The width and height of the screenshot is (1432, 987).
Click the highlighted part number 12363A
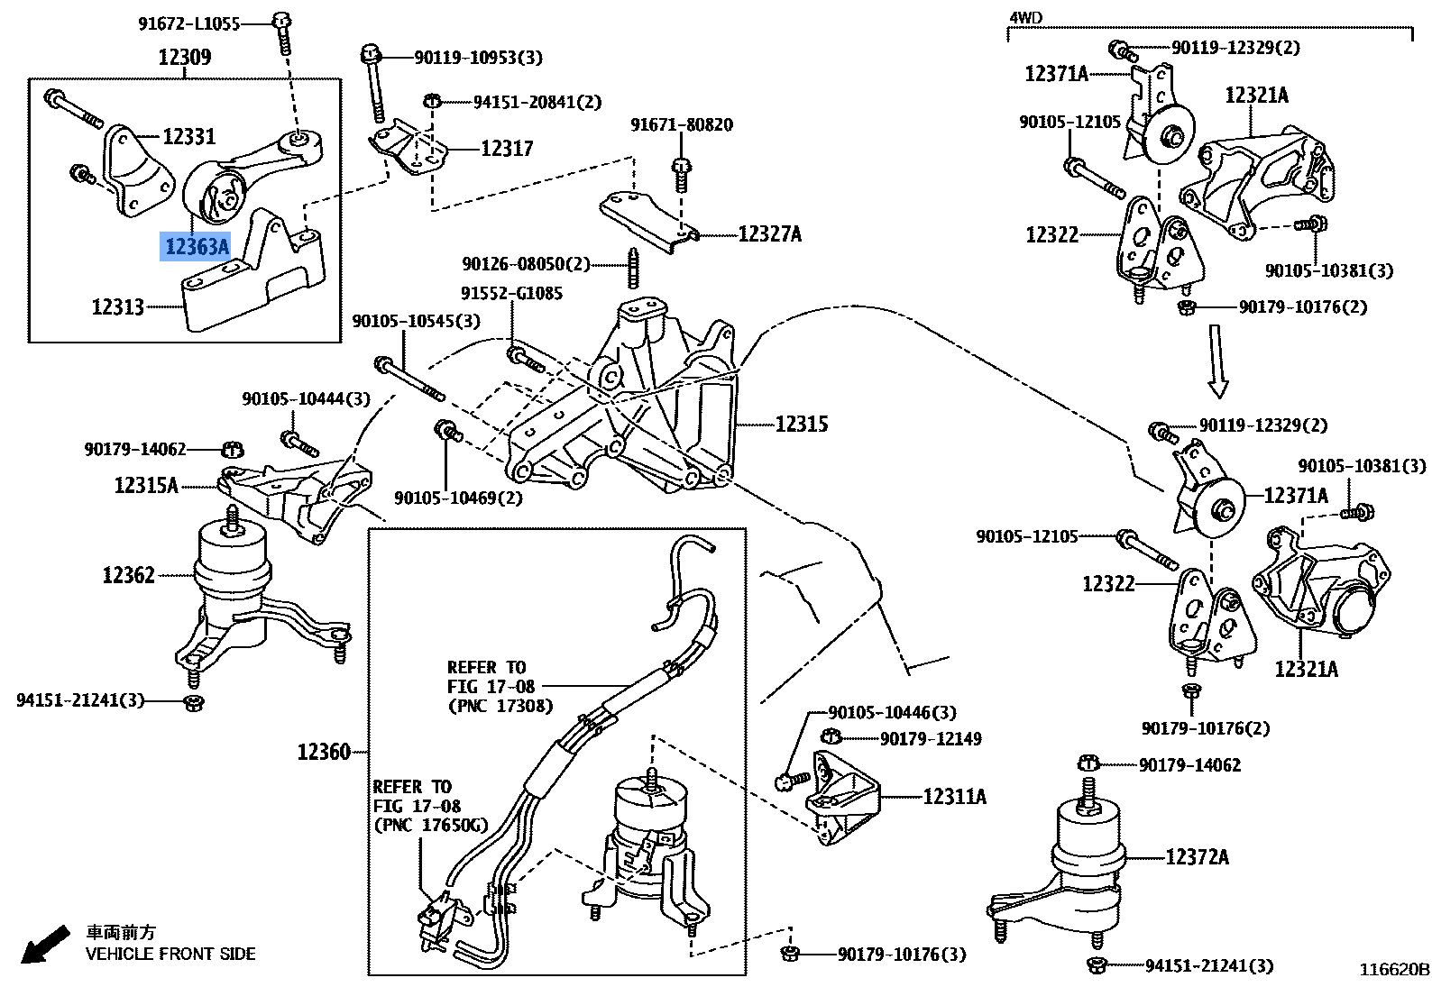pyautogui.click(x=196, y=246)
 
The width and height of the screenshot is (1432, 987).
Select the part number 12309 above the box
pyautogui.click(x=184, y=58)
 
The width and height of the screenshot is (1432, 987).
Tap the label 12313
pyautogui.click(x=118, y=307)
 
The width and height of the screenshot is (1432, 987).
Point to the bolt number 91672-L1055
pyautogui.click(x=188, y=24)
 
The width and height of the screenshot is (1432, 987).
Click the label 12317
pyautogui.click(x=507, y=149)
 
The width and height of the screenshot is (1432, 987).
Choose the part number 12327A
pyautogui.click(x=769, y=235)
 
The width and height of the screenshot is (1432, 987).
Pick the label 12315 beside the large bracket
pyautogui.click(x=801, y=425)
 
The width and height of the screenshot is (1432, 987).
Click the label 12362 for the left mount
pyautogui.click(x=128, y=575)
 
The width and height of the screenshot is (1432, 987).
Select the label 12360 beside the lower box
pyautogui.click(x=324, y=752)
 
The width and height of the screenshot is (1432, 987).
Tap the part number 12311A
pyautogui.click(x=954, y=797)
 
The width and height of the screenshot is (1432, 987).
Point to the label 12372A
pyautogui.click(x=1197, y=857)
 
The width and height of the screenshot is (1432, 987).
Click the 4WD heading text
pyautogui.click(x=1025, y=17)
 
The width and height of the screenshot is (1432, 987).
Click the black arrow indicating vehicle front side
pyautogui.click(x=44, y=943)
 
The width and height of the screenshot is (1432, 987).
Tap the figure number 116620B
pyautogui.click(x=1394, y=971)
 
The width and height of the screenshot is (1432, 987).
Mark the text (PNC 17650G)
pyautogui.click(x=430, y=825)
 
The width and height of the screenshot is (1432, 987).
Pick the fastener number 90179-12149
pyautogui.click(x=931, y=739)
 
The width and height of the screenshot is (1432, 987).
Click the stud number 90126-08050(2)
pyautogui.click(x=526, y=264)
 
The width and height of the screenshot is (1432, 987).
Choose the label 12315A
pyautogui.click(x=146, y=486)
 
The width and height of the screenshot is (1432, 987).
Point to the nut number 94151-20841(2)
pyautogui.click(x=537, y=103)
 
